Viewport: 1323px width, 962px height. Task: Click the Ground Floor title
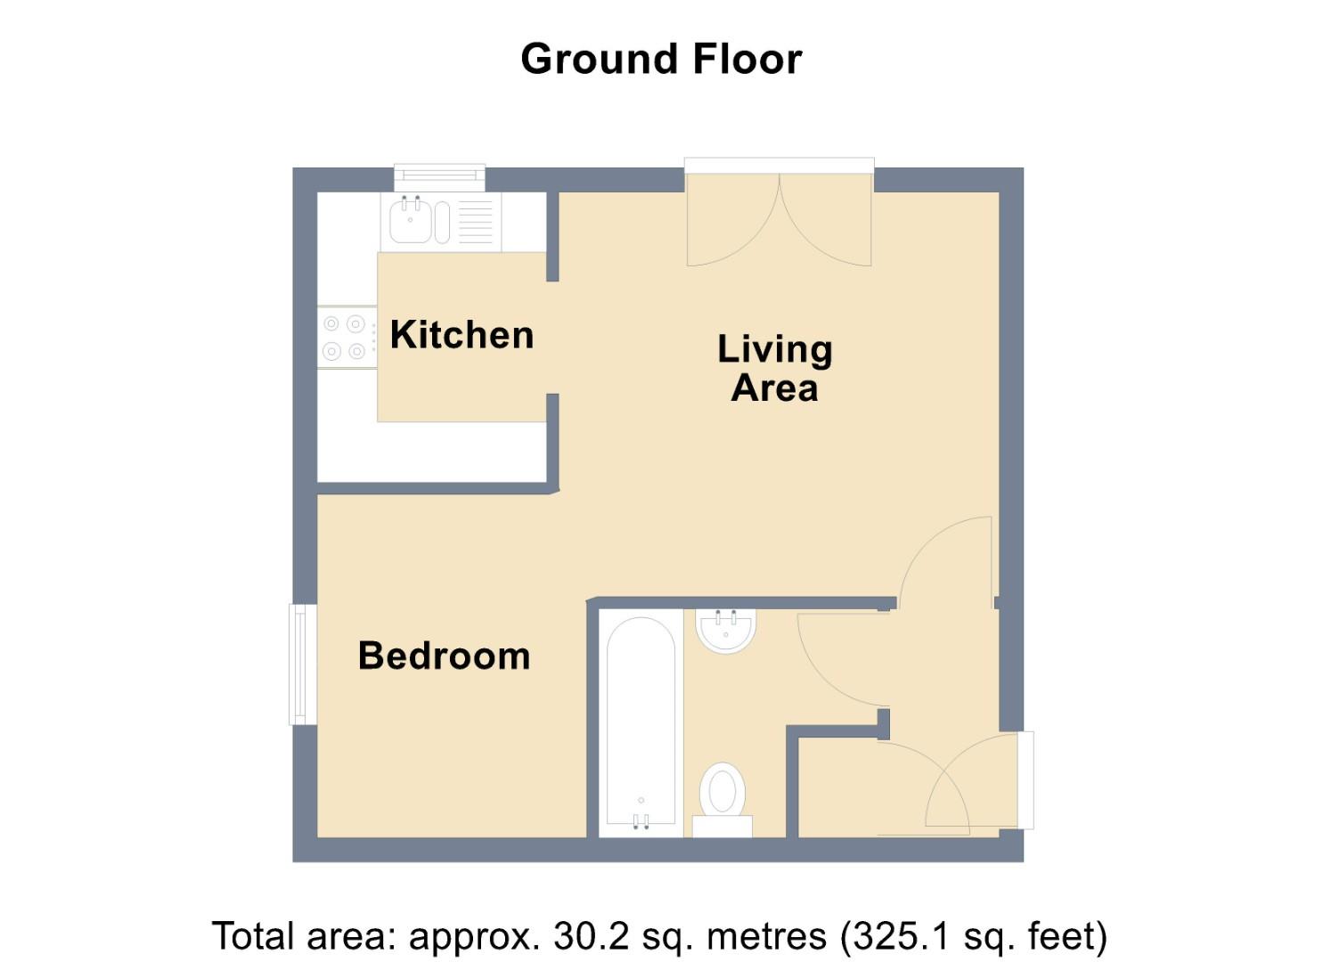coord(661,60)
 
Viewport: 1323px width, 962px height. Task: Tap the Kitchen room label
coord(461,336)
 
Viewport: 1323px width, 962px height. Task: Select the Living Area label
coord(774,368)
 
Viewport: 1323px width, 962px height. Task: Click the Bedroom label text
coord(444,656)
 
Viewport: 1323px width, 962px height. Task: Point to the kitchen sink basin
coord(410,222)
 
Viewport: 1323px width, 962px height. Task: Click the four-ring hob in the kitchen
coord(346,338)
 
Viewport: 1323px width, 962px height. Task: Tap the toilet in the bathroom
coord(723,790)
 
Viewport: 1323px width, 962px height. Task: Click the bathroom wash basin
coord(727,630)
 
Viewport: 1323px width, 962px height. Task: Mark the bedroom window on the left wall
coord(303,664)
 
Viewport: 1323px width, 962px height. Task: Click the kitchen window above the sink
coord(440,176)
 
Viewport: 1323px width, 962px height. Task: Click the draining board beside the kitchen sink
coord(475,222)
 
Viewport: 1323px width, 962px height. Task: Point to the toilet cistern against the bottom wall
coord(723,827)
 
